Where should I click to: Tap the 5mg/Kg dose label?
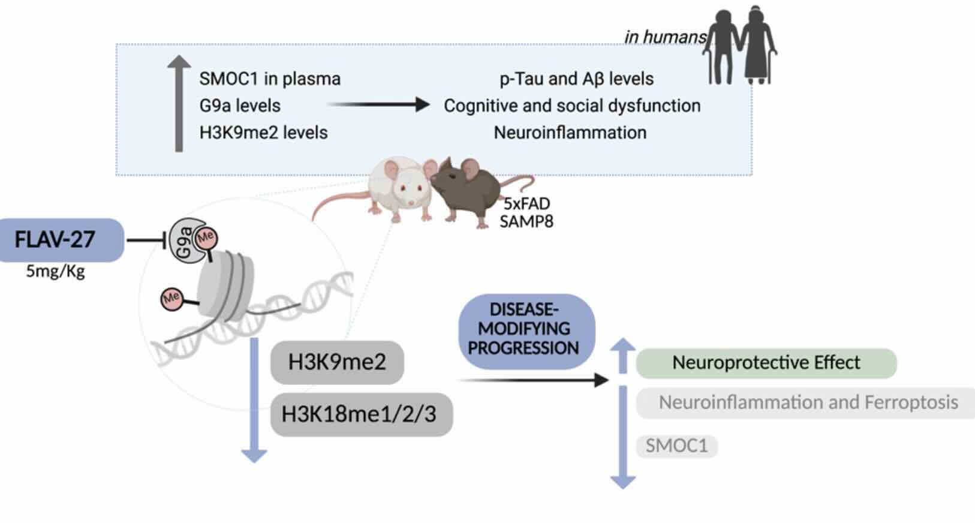click(55, 272)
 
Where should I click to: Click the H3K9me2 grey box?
click(337, 362)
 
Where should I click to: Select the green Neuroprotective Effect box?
click(766, 363)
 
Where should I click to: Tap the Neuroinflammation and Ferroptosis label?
click(807, 402)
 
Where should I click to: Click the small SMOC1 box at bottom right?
click(676, 446)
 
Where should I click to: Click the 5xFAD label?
click(526, 204)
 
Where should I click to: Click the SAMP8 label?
click(526, 222)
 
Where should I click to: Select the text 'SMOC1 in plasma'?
click(270, 79)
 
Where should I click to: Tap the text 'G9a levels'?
click(240, 106)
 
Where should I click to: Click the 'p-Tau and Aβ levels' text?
click(576, 79)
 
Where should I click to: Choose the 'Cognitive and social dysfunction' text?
click(571, 106)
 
